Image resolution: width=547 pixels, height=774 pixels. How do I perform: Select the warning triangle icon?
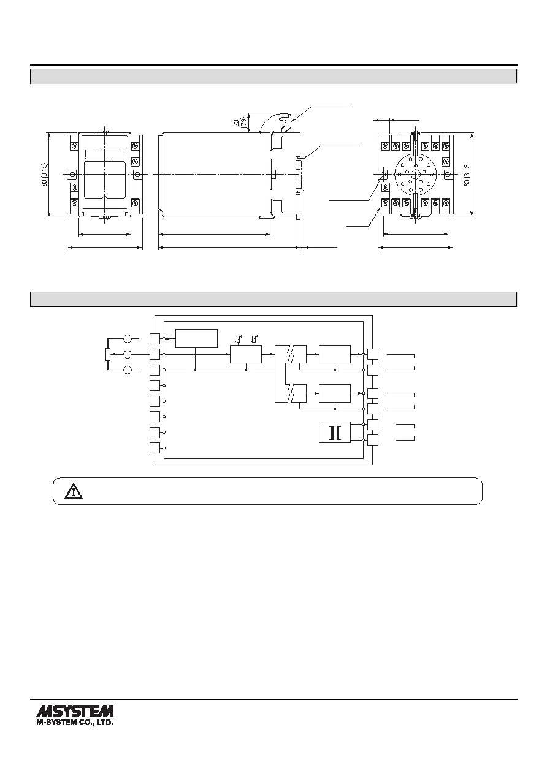74,491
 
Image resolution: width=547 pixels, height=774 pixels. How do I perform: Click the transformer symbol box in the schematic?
334,432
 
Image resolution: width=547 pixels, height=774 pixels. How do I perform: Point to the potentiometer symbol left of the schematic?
108,354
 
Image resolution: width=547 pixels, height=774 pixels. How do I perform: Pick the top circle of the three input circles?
128,339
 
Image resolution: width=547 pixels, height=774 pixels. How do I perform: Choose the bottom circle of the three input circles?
128,370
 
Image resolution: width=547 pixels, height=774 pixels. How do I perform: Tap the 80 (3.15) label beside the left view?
45,174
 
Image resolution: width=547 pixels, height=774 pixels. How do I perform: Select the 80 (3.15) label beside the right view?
467,175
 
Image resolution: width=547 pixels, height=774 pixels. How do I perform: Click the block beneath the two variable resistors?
246,354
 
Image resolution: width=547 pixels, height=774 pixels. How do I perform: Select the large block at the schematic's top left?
196,339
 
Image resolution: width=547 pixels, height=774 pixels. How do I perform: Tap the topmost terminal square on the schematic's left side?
155,339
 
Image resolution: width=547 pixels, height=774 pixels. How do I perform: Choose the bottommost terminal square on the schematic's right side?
373,440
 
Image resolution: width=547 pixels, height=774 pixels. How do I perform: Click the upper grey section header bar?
273,76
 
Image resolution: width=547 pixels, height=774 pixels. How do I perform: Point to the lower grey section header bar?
273,299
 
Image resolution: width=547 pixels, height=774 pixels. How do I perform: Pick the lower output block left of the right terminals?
335,393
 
